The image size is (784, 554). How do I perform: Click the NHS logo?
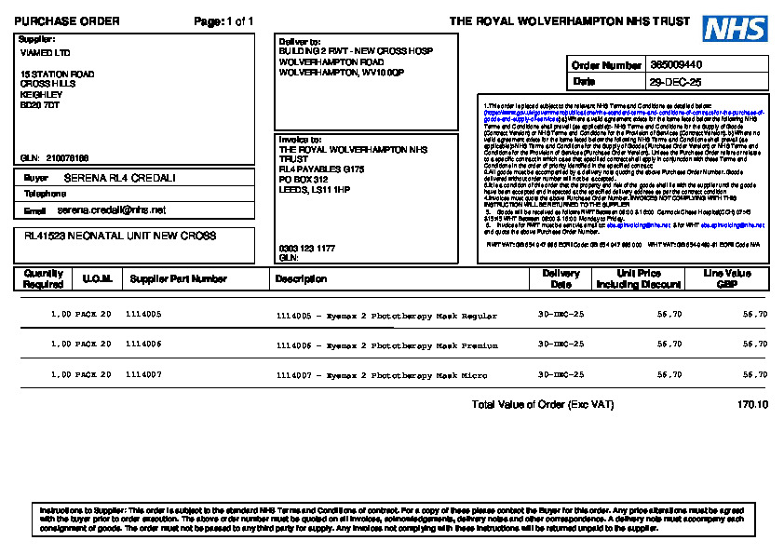(x=735, y=28)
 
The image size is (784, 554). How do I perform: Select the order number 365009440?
(x=676, y=65)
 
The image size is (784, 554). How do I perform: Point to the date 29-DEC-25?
(x=675, y=82)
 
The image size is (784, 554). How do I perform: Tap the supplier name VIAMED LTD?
(x=45, y=53)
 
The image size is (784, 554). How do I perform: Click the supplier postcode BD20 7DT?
(x=40, y=105)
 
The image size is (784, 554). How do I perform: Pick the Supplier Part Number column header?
(x=178, y=278)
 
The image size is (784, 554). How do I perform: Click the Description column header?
(x=301, y=278)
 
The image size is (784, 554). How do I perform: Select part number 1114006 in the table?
(x=143, y=345)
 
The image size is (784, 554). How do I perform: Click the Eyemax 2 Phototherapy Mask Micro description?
(x=382, y=375)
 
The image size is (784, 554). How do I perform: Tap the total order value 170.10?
(x=752, y=405)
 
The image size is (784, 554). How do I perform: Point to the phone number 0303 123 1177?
(x=307, y=249)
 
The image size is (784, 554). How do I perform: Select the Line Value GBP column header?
(x=727, y=278)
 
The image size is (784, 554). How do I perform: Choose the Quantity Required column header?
(x=44, y=278)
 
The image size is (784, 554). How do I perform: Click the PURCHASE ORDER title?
(x=66, y=20)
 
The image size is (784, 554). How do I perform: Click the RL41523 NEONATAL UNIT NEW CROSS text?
(x=120, y=236)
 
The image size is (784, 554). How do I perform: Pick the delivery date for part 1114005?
(x=561, y=315)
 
